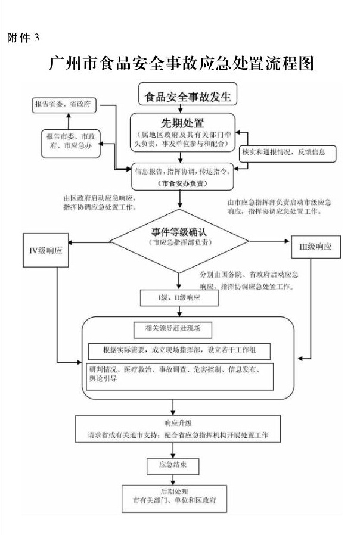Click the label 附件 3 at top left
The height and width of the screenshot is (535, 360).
(x=23, y=38)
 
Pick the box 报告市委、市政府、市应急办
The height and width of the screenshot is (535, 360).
(x=70, y=141)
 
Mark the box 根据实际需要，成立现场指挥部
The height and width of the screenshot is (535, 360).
(x=180, y=350)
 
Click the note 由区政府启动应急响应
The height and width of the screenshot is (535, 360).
(x=100, y=203)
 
